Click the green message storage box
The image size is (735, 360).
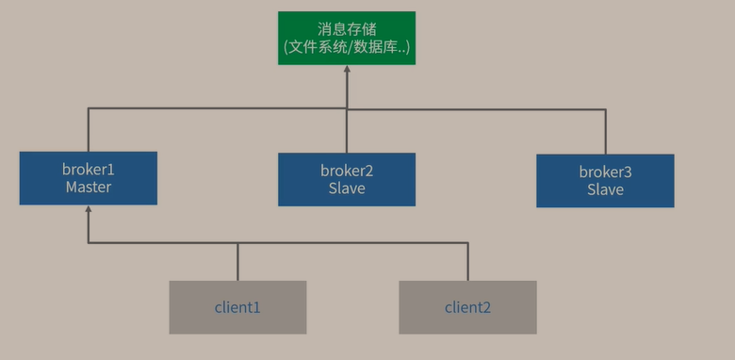tap(347, 38)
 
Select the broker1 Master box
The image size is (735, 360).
tap(89, 178)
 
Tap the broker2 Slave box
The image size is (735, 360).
tap(347, 179)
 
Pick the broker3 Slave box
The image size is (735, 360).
tap(605, 181)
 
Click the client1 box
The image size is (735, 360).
tap(237, 307)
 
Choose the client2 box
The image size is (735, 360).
tap(467, 307)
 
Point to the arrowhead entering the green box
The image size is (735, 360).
tap(347, 70)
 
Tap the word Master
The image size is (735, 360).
tap(89, 188)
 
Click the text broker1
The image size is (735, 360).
tap(89, 170)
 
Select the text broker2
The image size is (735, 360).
tap(347, 171)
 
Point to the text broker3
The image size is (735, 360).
tap(605, 172)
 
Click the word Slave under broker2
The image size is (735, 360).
tap(347, 188)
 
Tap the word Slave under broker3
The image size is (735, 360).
tap(605, 190)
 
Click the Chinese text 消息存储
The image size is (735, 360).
tap(347, 28)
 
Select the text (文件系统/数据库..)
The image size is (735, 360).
tap(347, 46)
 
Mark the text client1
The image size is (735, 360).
tap(237, 307)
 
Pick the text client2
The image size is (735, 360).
tap(467, 307)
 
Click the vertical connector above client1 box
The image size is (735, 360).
tap(237, 262)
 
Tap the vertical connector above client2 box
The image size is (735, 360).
tap(467, 262)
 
